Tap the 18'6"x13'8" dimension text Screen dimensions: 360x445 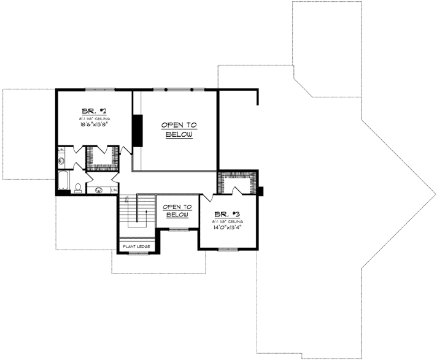pos(93,124)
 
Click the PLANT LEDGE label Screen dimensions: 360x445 pos(136,247)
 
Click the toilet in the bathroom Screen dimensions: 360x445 pos(77,188)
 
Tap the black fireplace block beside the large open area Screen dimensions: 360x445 pos(137,130)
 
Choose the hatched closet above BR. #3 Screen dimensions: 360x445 pos(236,182)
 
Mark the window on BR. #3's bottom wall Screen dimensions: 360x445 pos(228,249)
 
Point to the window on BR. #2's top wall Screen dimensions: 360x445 pos(94,90)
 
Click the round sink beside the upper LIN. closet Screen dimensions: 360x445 pos(62,162)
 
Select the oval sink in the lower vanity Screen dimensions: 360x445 pos(99,190)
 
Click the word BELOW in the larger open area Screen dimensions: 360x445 pos(179,135)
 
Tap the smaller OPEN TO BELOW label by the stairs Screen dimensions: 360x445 pos(177,211)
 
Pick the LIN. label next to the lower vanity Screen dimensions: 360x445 pos(114,190)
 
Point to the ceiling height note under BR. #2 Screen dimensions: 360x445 pos(93,117)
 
